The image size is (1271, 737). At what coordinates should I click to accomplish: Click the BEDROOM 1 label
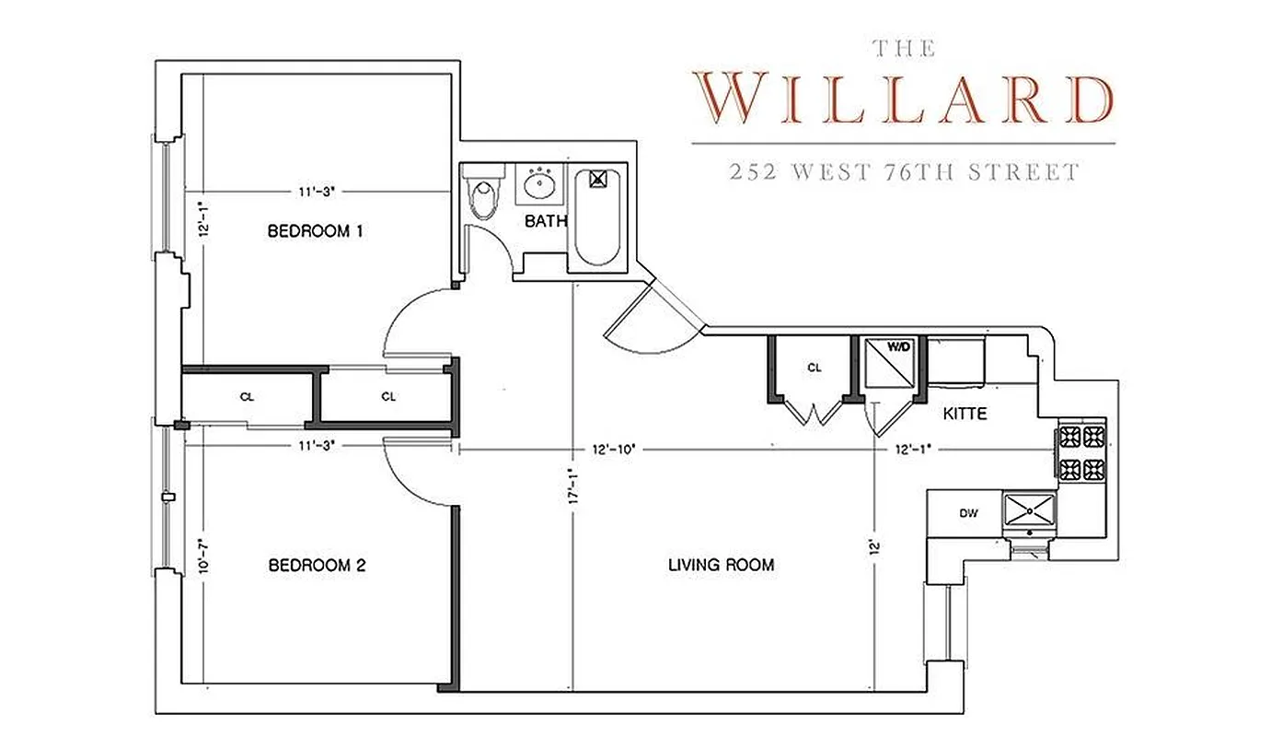click(x=315, y=230)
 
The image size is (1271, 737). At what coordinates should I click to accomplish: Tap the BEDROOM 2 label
click(x=317, y=565)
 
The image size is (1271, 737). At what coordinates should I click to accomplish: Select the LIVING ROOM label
click(x=721, y=565)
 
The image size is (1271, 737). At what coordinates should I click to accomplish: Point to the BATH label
click(x=546, y=221)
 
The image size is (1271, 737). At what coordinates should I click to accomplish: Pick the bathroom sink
click(x=538, y=184)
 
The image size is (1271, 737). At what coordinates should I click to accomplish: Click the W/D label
click(x=897, y=348)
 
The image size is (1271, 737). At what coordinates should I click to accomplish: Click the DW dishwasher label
click(x=967, y=513)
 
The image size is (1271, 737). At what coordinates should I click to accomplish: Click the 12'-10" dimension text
click(x=614, y=450)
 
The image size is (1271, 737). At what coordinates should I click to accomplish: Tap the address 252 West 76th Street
click(x=903, y=172)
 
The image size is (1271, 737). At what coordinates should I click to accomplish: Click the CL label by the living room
click(x=814, y=368)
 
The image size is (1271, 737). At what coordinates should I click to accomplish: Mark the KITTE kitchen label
click(x=965, y=415)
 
